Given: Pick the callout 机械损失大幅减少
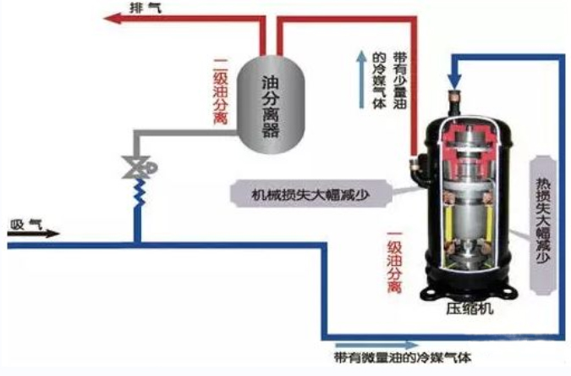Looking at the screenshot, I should pos(310,194).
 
